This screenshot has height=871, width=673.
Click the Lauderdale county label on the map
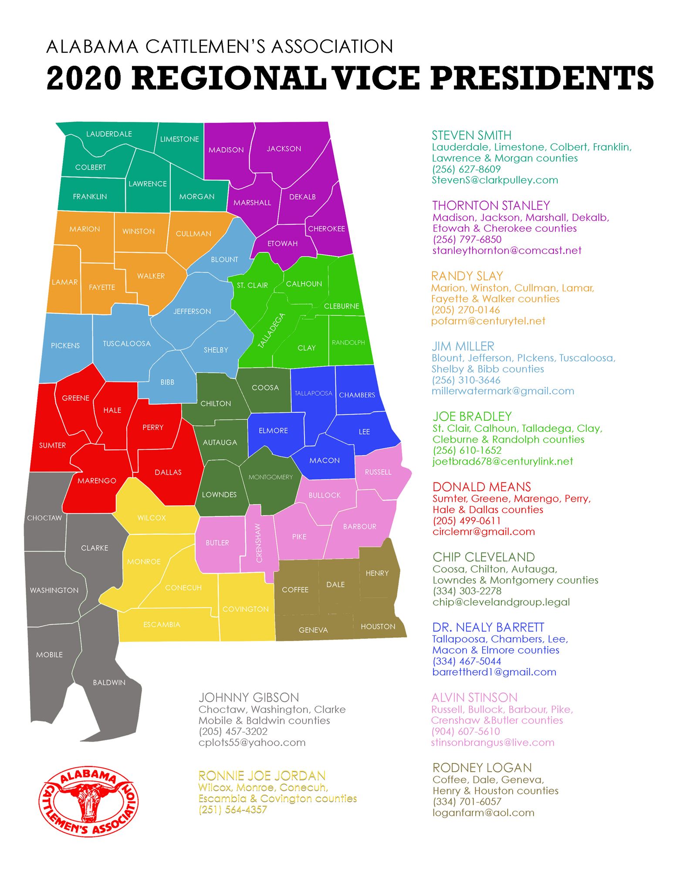109,134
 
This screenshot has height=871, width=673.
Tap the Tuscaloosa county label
127,344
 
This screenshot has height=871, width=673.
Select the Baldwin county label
109,682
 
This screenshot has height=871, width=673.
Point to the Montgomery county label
271,477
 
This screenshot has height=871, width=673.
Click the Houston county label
378,627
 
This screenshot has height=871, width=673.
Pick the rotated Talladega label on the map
271,331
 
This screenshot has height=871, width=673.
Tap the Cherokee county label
326,229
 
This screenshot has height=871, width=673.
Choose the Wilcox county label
152,518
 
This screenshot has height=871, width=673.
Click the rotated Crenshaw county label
259,543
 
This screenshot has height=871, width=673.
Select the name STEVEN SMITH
471,135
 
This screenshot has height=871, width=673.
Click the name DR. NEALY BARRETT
488,628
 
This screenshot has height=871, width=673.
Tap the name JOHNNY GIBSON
249,698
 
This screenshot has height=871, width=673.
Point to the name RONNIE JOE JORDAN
262,776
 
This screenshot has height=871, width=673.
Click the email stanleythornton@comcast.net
507,250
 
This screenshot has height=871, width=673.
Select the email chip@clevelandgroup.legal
501,602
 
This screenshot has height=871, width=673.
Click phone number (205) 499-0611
467,521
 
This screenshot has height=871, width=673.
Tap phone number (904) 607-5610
466,732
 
